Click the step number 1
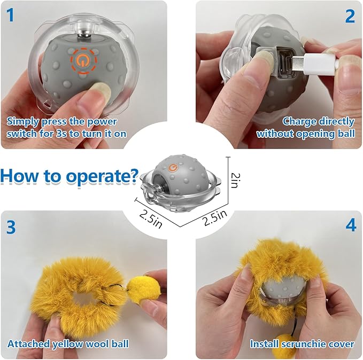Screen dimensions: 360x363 11,16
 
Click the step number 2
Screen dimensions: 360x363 350,16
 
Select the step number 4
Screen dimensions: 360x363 350,225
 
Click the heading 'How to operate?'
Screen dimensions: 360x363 69,176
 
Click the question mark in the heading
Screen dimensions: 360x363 134,176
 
